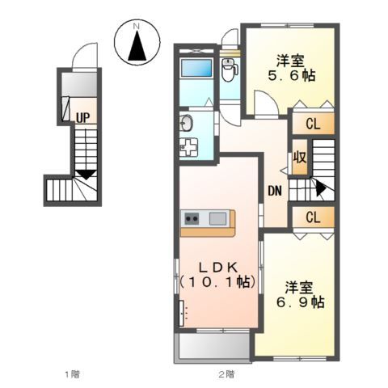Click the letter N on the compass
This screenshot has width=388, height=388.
tap(137, 27)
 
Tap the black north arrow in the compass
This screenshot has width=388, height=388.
tap(137, 45)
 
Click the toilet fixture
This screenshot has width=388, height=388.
tap(229, 70)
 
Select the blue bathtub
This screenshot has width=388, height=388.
tap(196, 68)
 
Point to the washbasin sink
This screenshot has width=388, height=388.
tap(186, 123)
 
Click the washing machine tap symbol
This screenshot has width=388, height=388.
tap(188, 147)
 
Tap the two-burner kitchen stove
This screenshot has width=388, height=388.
tap(192, 218)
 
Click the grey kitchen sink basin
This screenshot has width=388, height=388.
tap(217, 218)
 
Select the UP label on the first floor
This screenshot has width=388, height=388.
tap(82, 117)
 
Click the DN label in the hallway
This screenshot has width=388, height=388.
tap(275, 191)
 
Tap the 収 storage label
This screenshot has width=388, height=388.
tap(300, 157)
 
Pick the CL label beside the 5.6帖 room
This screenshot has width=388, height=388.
tap(313, 124)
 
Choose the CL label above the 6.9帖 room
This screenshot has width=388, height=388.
tap(313, 217)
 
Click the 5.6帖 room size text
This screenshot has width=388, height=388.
tap(292, 76)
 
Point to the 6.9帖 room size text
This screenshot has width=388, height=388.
tap(300, 302)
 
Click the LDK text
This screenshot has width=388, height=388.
tap(218, 268)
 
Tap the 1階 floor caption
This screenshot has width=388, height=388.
tap(73, 374)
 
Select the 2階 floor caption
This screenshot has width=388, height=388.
tap(226, 374)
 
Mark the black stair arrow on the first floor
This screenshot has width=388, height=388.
tap(86, 175)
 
